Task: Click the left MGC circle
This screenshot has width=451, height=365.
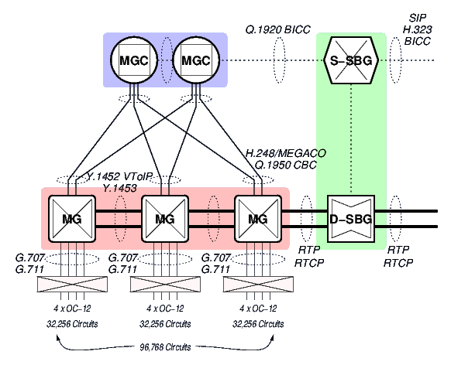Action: tap(133, 60)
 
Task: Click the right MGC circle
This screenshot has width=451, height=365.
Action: tap(195, 60)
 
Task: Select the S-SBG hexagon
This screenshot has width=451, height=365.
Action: tap(351, 60)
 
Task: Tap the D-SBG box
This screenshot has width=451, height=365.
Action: tap(351, 219)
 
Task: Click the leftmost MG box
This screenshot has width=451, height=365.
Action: tap(71, 219)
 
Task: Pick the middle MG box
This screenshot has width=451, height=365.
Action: tap(164, 219)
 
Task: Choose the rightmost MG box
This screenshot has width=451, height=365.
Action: tap(257, 219)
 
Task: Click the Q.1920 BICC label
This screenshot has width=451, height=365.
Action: tap(278, 29)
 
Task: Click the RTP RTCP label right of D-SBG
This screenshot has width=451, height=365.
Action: tap(398, 257)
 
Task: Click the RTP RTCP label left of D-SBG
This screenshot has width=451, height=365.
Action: tap(311, 257)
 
